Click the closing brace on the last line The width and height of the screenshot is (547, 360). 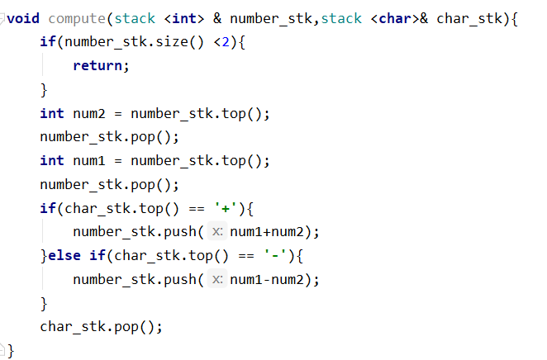click(11, 351)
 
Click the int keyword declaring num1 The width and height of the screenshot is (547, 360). click(51, 160)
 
